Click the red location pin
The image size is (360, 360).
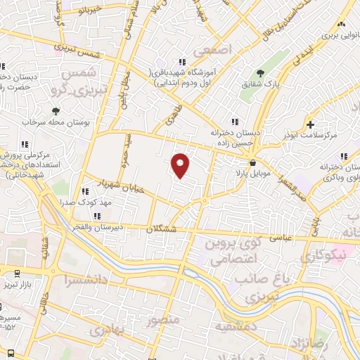pos(181,165)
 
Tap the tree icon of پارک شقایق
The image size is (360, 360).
pos(260,72)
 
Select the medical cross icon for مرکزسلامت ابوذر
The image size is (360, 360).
pos(310,124)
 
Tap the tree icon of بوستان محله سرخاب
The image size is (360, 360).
pos(56,110)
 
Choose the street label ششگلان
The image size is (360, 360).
pos(164,229)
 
